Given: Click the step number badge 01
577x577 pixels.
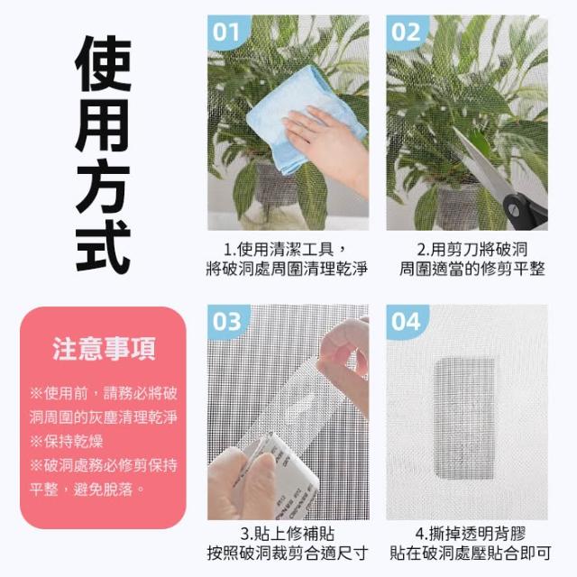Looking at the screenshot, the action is click(227, 32).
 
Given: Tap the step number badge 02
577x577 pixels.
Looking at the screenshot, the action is click(407, 32).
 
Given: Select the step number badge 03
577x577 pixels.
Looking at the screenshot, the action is click(227, 321).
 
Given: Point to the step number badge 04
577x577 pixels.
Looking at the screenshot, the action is click(407, 321).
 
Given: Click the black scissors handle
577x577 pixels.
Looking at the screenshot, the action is click(526, 212).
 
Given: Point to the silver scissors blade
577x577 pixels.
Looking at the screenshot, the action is click(482, 162).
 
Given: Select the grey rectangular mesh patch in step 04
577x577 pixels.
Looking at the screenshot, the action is click(464, 418).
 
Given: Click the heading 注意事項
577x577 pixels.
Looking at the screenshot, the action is click(104, 349).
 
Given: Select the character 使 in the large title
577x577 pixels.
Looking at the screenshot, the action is click(104, 63).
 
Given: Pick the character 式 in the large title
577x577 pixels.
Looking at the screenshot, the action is click(104, 246).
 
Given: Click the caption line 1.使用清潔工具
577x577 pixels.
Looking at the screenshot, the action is click(285, 250).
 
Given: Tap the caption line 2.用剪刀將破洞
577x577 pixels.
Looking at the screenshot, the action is click(472, 250).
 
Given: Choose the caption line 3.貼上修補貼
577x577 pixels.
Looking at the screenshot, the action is click(288, 534).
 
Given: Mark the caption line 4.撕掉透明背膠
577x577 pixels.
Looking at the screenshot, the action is click(471, 534).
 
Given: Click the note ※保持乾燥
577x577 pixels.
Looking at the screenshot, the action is click(66, 441).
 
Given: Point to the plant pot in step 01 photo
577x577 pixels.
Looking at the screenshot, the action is click(277, 188).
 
